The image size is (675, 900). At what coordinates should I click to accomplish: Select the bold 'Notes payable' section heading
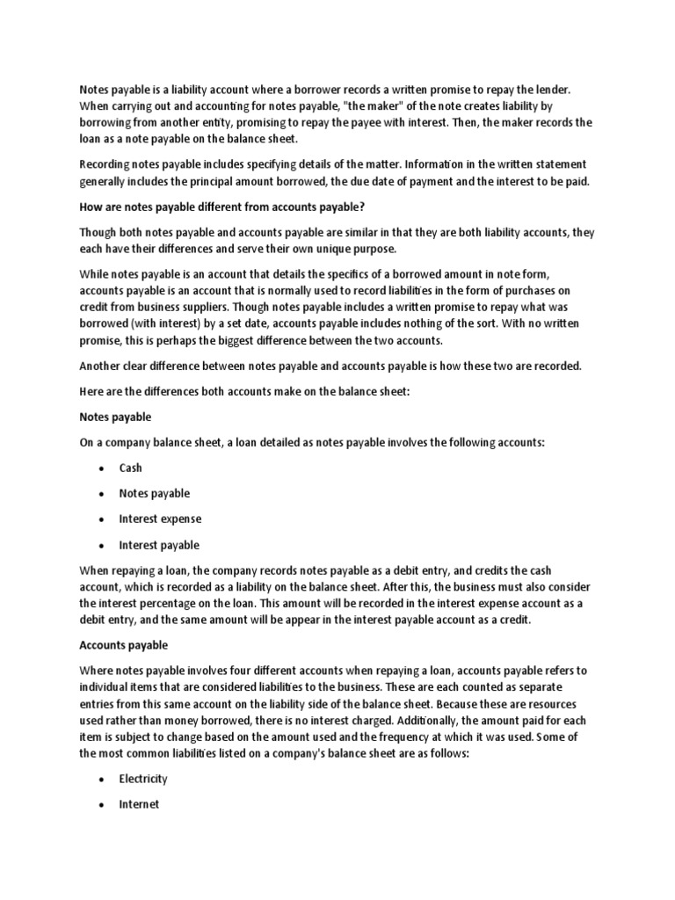[x=116, y=417]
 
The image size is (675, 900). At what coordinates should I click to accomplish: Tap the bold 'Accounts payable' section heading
[x=124, y=645]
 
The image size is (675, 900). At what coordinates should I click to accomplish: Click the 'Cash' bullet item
[x=130, y=468]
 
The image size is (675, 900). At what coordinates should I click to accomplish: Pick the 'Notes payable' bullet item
[x=154, y=494]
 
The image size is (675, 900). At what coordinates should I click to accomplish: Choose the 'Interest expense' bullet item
[x=160, y=519]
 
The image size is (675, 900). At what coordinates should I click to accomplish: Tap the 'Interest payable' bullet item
[x=159, y=545]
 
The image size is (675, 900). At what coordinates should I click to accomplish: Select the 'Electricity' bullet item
[x=143, y=780]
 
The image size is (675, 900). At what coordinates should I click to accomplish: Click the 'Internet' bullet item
[x=139, y=805]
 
